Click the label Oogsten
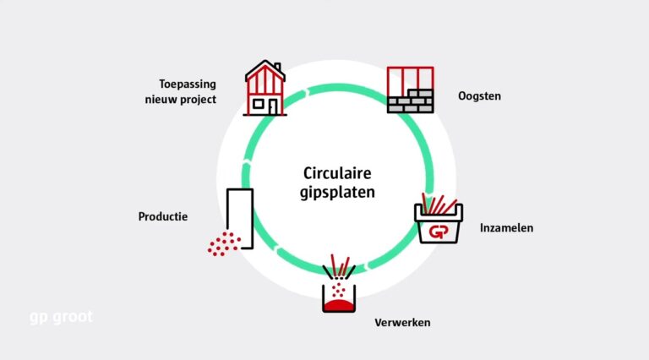pyautogui.click(x=479, y=96)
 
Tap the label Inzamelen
pyautogui.click(x=506, y=228)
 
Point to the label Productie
pyautogui.click(x=163, y=217)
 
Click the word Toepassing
pyautogui.click(x=188, y=84)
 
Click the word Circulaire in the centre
pyautogui.click(x=337, y=174)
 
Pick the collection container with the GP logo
pyautogui.click(x=439, y=227)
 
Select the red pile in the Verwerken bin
pyautogui.click(x=340, y=303)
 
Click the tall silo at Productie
pyautogui.click(x=240, y=215)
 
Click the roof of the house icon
pyautogui.click(x=264, y=70)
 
